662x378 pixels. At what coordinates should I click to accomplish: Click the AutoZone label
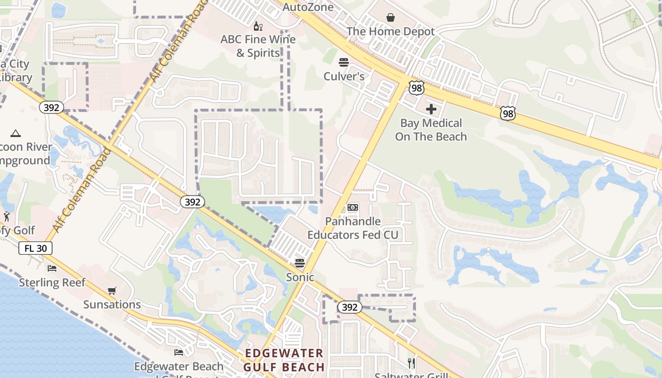(x=308, y=7)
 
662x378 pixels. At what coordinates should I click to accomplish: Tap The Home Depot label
(x=391, y=32)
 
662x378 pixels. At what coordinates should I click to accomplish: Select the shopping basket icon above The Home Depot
(x=391, y=18)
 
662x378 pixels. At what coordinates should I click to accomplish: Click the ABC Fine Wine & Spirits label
(x=258, y=46)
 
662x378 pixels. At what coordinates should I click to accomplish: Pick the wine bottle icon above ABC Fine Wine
(x=258, y=26)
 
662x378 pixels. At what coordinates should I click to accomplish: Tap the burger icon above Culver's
(x=344, y=62)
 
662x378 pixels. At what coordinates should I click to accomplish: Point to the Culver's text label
(x=344, y=76)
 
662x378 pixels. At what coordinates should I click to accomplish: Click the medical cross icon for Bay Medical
(x=431, y=110)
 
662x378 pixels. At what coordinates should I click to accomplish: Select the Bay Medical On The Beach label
(x=431, y=130)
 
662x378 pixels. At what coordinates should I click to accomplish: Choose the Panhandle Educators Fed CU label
(x=353, y=228)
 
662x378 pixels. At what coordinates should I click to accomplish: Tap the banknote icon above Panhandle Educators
(x=353, y=207)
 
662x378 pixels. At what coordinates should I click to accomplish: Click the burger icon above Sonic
(x=300, y=263)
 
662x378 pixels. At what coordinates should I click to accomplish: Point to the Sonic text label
(x=300, y=277)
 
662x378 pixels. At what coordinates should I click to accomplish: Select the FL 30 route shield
(x=35, y=248)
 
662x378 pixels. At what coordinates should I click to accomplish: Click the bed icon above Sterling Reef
(x=52, y=268)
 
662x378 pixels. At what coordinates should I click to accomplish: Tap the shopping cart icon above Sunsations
(x=112, y=291)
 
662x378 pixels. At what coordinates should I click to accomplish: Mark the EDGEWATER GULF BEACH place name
(x=284, y=360)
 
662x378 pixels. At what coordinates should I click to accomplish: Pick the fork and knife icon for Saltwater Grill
(x=411, y=363)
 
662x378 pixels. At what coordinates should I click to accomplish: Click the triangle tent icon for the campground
(x=16, y=133)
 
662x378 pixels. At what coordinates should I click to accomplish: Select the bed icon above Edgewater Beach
(x=179, y=352)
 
